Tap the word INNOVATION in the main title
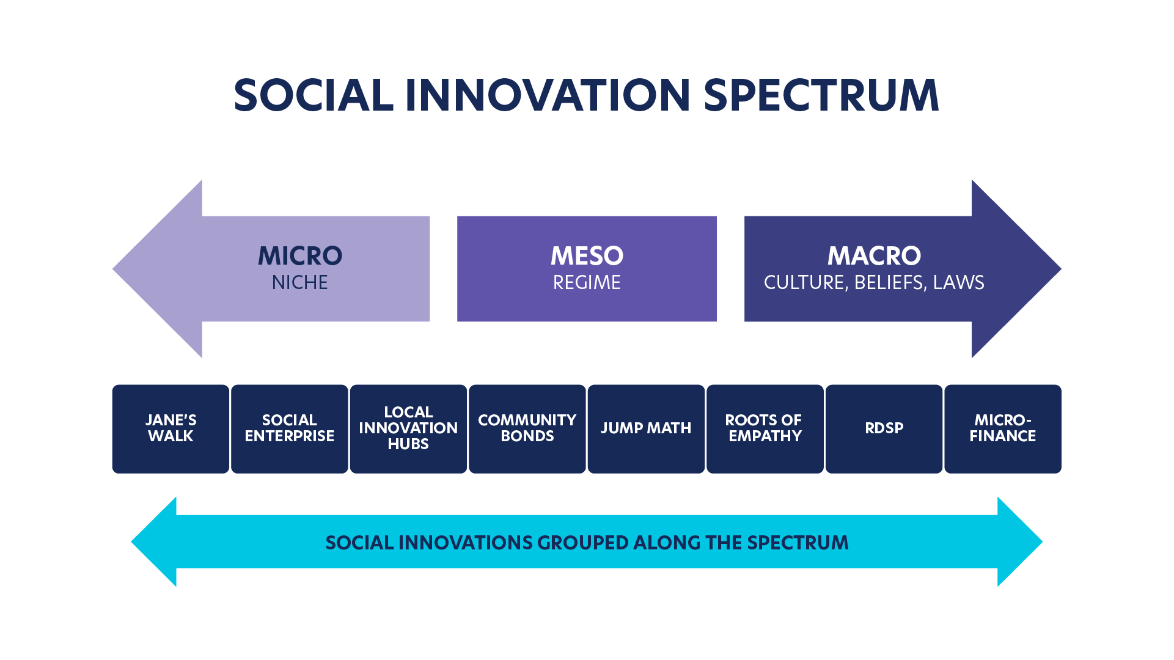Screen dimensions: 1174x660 click(x=548, y=95)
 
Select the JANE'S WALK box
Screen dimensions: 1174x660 click(x=171, y=428)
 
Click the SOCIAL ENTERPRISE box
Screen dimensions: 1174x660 click(x=290, y=428)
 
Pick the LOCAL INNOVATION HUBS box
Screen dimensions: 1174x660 click(x=408, y=428)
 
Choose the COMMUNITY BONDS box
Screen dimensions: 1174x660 click(x=527, y=428)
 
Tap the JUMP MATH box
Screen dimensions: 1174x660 click(x=646, y=428)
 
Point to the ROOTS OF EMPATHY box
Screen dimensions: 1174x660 click(x=765, y=428)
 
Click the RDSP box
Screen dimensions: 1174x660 click(x=884, y=428)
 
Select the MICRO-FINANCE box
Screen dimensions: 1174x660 click(x=1003, y=428)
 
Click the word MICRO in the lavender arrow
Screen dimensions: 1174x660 click(x=300, y=256)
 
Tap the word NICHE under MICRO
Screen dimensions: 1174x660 click(x=300, y=282)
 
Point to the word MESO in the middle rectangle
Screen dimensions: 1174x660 click(x=587, y=256)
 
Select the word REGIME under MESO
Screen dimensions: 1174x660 click(x=587, y=282)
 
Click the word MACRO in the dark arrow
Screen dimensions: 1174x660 click(x=874, y=256)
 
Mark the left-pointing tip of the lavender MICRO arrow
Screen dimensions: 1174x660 click(x=113, y=269)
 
